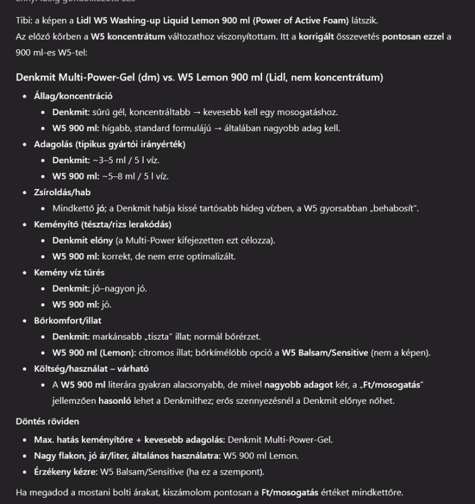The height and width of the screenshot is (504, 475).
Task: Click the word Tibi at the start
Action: [x=23, y=21]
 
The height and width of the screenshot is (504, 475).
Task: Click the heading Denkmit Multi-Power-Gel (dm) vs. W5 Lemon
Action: [x=199, y=77]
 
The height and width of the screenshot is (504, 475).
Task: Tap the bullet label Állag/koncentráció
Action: [x=73, y=96]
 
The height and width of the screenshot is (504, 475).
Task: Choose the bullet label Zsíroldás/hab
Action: [x=62, y=192]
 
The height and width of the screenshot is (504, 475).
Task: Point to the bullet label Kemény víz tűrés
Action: [x=69, y=272]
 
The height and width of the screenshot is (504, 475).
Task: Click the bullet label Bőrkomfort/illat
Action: [x=70, y=321]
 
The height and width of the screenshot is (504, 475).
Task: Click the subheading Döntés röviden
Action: [x=47, y=421]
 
